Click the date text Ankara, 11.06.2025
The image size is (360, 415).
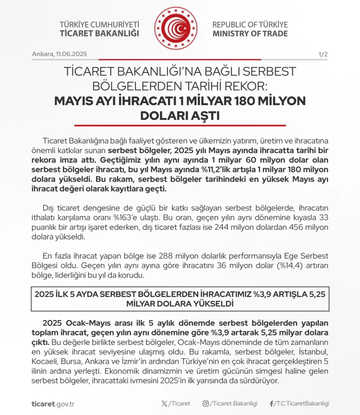60,54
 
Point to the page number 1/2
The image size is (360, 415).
323,54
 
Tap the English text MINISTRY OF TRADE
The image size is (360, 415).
250,34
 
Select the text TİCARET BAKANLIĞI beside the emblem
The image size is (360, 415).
99,34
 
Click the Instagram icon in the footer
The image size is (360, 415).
205,403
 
